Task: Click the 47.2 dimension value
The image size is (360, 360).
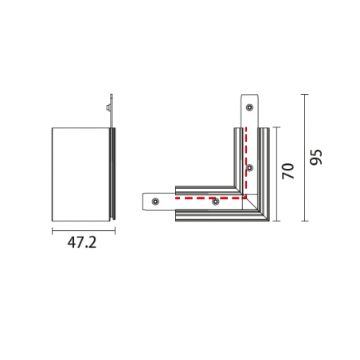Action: (82, 242)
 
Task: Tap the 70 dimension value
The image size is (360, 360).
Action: (288, 171)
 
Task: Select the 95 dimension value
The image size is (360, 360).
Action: (316, 158)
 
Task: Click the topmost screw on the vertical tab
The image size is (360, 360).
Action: (249, 108)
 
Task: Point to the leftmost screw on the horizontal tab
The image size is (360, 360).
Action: (155, 202)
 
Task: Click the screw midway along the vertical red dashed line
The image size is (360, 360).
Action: (249, 167)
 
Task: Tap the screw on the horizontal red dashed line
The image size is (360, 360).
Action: (216, 202)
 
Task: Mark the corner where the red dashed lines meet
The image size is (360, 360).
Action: (246, 198)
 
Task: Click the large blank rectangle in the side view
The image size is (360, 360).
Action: (80, 174)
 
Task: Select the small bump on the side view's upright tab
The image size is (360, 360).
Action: (108, 108)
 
